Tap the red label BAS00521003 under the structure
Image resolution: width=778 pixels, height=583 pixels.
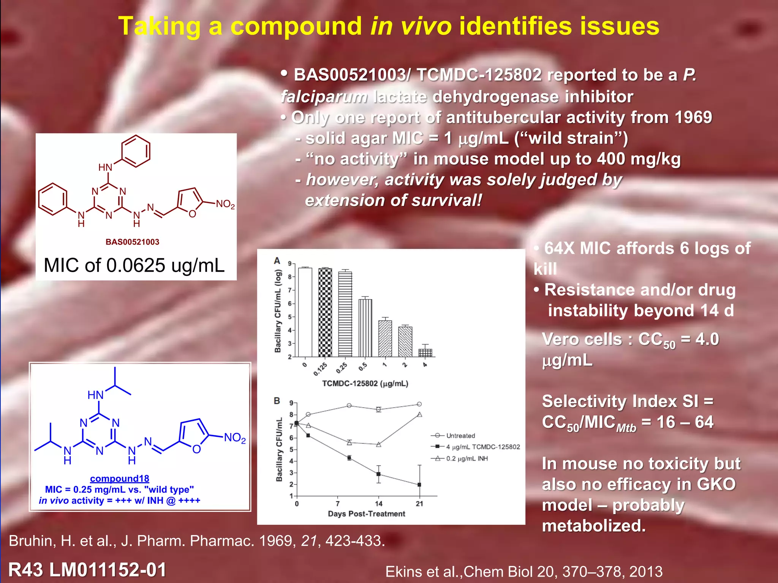pos(132,242)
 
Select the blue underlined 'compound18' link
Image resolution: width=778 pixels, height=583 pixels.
pos(119,479)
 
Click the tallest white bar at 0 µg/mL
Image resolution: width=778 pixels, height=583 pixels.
pos(305,312)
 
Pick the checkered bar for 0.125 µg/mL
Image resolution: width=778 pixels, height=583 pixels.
pos(325,312)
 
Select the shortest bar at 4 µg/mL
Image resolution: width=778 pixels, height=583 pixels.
pos(425,353)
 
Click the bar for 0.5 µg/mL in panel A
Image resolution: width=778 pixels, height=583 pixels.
pos(365,328)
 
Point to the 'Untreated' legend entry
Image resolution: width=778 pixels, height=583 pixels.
pos(460,436)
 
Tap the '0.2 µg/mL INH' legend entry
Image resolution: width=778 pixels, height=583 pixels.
pos(467,459)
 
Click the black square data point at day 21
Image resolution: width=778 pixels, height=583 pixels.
pos(419,485)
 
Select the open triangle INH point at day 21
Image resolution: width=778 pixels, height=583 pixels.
pos(419,414)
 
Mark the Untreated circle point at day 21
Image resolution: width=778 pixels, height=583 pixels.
pos(419,404)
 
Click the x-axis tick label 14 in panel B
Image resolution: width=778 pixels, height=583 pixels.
pos(378,504)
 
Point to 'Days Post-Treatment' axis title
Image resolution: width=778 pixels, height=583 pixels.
pos(366,514)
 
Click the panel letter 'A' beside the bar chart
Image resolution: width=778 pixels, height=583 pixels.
pos(277,261)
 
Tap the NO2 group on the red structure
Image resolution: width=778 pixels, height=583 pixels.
pos(225,205)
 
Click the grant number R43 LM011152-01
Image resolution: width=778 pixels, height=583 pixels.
pos(87,570)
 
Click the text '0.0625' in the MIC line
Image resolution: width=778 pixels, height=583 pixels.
pos(136,265)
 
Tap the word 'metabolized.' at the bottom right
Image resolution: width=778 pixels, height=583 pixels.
pos(594,526)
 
